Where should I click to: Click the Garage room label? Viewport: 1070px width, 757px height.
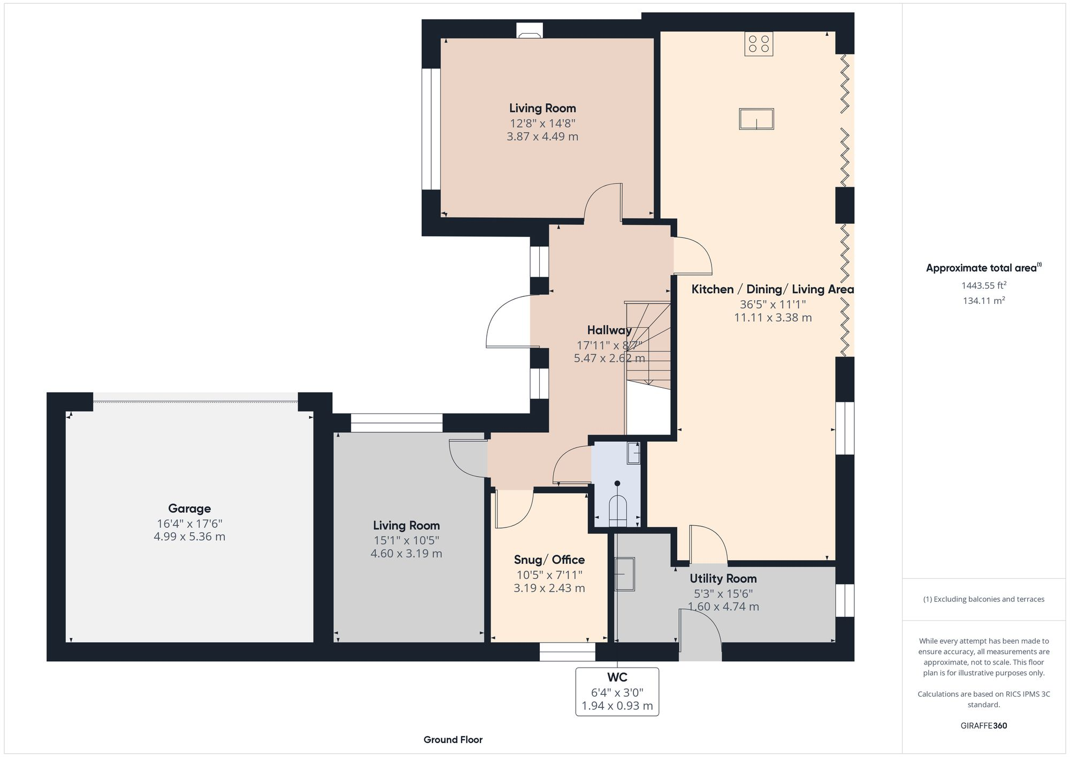click(x=189, y=509)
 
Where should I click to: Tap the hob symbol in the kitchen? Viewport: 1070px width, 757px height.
click(x=759, y=44)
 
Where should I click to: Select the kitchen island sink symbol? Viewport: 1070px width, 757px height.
click(x=756, y=119)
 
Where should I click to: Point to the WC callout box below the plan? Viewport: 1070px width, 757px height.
click(x=617, y=691)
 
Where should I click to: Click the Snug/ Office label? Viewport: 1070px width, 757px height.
click(x=549, y=560)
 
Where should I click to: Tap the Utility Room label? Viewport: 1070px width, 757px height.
click(x=723, y=578)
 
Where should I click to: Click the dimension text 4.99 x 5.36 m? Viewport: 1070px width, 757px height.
click(x=189, y=537)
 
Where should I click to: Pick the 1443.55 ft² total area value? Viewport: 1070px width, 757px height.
click(x=984, y=286)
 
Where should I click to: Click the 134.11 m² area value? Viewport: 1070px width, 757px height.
click(x=984, y=301)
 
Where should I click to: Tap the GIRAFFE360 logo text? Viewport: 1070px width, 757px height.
click(x=983, y=726)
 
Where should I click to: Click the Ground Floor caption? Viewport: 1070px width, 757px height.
click(x=453, y=740)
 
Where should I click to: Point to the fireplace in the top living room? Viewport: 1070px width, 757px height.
click(x=530, y=32)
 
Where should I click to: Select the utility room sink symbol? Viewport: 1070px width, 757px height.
click(x=624, y=574)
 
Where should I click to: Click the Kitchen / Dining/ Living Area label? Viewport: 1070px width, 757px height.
click(x=773, y=289)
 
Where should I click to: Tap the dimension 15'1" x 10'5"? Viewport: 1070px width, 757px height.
click(x=406, y=540)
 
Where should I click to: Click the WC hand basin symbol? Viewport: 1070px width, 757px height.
click(x=633, y=454)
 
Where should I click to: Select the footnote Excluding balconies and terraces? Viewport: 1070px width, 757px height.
click(x=983, y=599)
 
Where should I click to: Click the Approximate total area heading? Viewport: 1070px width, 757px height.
click(x=983, y=268)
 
